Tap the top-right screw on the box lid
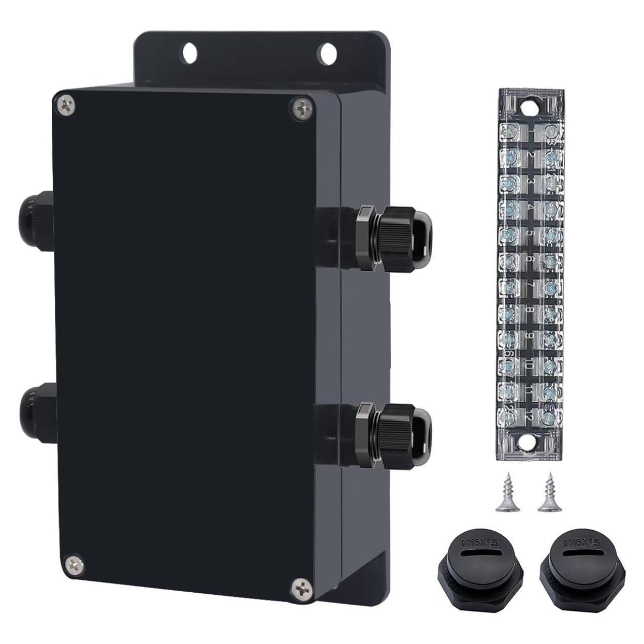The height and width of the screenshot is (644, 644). coord(302,109)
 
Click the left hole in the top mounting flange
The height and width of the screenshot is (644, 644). coord(189,51)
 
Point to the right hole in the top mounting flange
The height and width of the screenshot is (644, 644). coord(327,52)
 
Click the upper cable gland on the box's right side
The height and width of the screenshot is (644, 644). coord(396,238)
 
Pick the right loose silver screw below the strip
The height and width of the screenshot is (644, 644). coord(546,495)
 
